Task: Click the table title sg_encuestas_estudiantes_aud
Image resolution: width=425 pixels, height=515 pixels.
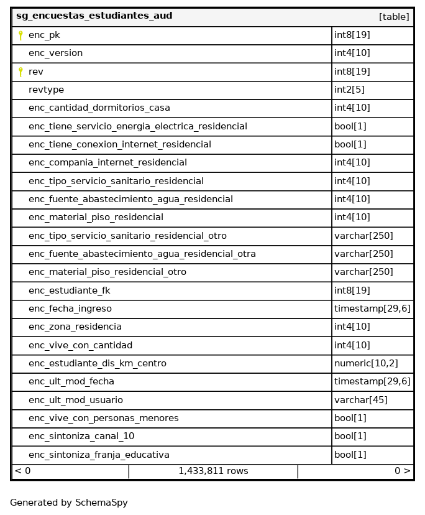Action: (x=94, y=16)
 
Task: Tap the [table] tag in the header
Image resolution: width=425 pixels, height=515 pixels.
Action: (x=394, y=17)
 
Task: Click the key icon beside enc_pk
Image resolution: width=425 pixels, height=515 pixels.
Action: (x=21, y=35)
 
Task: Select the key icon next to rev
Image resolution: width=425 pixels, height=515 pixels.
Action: (x=21, y=72)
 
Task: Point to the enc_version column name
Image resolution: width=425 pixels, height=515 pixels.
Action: (x=55, y=53)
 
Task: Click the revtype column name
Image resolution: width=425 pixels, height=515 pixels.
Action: (x=46, y=90)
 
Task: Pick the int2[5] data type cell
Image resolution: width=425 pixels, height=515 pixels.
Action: (x=349, y=90)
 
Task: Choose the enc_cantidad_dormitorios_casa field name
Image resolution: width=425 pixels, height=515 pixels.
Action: (x=99, y=108)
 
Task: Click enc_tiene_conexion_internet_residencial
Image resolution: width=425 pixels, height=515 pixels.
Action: (x=120, y=144)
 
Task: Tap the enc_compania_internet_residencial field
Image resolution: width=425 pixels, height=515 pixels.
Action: (x=107, y=163)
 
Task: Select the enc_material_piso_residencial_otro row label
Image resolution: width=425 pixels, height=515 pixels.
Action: (x=107, y=272)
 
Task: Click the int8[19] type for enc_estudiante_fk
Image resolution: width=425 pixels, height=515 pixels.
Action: (x=352, y=290)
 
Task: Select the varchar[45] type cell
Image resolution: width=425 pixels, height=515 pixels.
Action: (x=360, y=400)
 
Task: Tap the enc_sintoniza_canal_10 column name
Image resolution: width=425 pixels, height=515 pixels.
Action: (x=81, y=437)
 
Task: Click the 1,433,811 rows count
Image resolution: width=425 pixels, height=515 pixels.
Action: (x=213, y=471)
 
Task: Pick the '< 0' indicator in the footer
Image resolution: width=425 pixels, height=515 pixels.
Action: (x=22, y=471)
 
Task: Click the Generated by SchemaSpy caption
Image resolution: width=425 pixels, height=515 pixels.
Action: (x=69, y=503)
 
